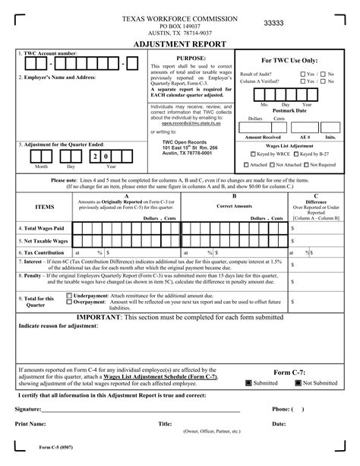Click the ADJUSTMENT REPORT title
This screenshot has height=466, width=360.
click(179, 46)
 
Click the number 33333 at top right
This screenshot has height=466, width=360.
click(273, 24)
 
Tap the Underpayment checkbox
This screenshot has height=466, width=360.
click(69, 295)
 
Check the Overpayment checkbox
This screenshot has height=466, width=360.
click(69, 302)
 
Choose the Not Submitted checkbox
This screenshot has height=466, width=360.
click(298, 383)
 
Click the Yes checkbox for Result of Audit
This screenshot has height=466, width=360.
click(303, 74)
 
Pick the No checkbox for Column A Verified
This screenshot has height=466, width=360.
click(324, 81)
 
